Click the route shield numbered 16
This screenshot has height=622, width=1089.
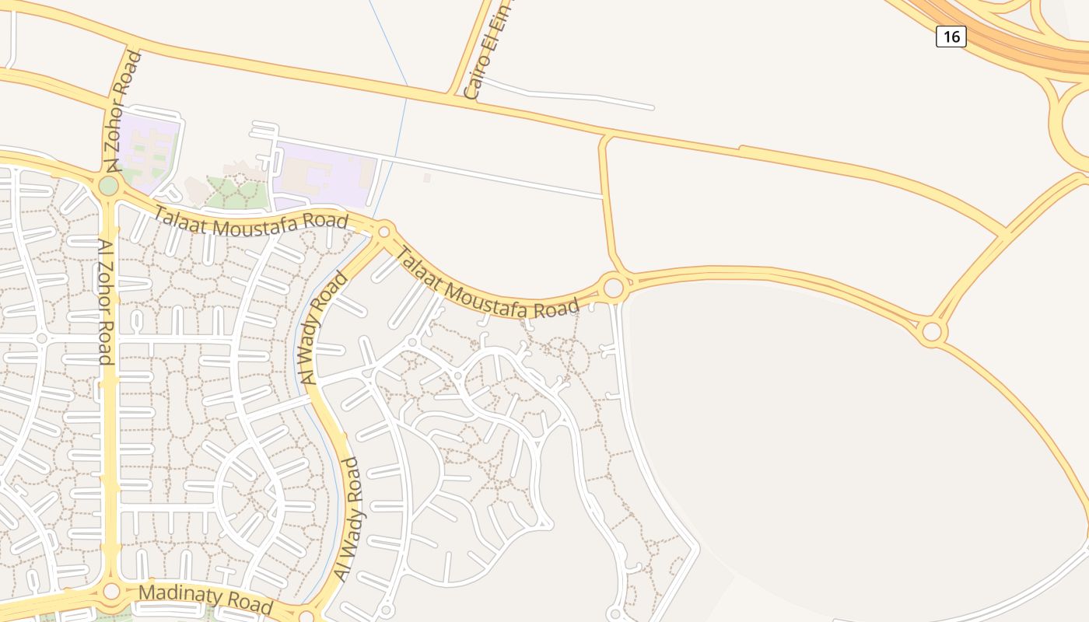[x=951, y=37]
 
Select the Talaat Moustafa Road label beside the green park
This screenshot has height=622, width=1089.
[x=250, y=222]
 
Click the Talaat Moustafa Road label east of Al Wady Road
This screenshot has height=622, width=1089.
[x=488, y=285]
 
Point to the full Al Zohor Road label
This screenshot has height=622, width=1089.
[x=105, y=302]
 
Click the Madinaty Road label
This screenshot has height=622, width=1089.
[x=205, y=599]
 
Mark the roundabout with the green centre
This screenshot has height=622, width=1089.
[x=109, y=186]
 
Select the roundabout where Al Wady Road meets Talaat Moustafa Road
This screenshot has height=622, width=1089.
[x=383, y=232]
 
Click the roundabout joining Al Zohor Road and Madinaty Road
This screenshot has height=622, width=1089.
[x=111, y=592]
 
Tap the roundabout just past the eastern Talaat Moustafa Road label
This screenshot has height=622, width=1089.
[x=614, y=288]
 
